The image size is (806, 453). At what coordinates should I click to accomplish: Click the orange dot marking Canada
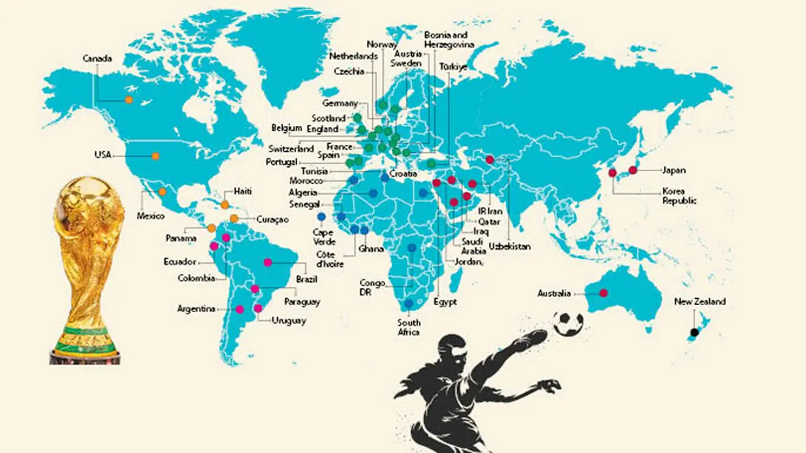[128, 99]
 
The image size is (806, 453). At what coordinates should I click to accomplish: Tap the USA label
[103, 155]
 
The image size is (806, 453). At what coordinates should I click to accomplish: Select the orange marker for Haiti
[225, 204]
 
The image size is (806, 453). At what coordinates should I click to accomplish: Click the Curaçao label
[272, 220]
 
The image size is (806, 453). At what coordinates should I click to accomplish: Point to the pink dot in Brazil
[268, 262]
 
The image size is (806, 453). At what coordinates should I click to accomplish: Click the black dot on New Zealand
[694, 332]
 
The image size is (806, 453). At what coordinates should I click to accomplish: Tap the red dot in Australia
[603, 293]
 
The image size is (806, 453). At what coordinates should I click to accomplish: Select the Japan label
[673, 170]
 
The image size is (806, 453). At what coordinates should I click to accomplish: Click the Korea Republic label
[679, 196]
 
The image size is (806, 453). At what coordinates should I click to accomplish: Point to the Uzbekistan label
[509, 247]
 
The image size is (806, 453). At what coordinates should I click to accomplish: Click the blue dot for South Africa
[409, 304]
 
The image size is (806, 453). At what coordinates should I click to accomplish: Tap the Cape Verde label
[323, 237]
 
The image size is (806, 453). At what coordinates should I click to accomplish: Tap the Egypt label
[445, 302]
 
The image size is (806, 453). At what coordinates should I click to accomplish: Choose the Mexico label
[151, 216]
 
